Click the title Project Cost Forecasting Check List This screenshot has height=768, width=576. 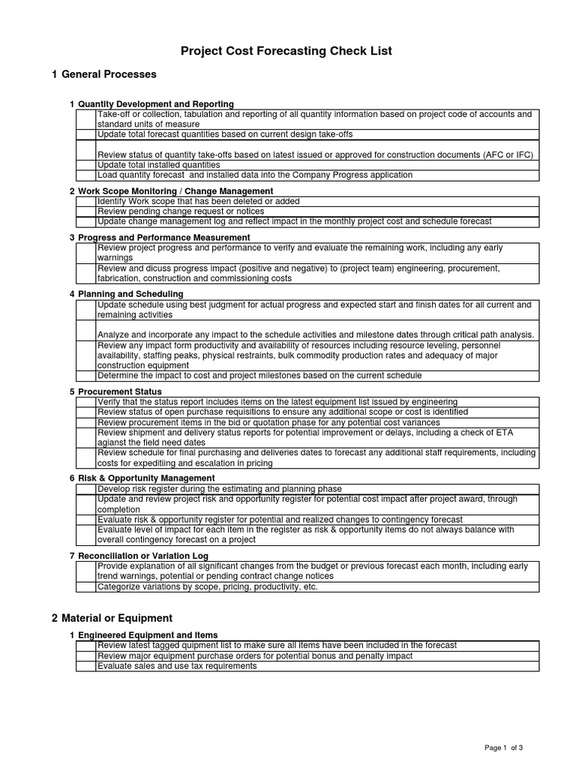tap(286, 51)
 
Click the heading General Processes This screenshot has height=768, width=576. tap(109, 74)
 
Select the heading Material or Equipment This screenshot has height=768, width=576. tap(116, 618)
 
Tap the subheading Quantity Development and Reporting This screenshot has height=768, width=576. tap(155, 104)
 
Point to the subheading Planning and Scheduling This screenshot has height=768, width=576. tap(130, 294)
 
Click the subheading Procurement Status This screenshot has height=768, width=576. tap(119, 391)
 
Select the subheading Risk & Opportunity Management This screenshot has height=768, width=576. tap(146, 478)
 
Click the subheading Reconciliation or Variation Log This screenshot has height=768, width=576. tap(142, 556)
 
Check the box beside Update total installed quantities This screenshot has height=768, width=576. tap(85, 165)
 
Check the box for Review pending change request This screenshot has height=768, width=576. tap(85, 211)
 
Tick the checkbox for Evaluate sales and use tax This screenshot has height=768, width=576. tap(85, 666)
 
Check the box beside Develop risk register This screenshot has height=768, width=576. tap(85, 489)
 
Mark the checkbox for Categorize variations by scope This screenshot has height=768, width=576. tap(85, 587)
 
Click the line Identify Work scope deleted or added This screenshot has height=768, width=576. tap(199, 202)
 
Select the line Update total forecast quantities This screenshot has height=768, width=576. tap(225, 134)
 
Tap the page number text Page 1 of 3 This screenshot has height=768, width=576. tap(504, 748)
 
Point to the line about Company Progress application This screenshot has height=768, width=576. tap(255, 175)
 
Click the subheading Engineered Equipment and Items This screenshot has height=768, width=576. tap(148, 635)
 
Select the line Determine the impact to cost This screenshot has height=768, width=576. tap(259, 376)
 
